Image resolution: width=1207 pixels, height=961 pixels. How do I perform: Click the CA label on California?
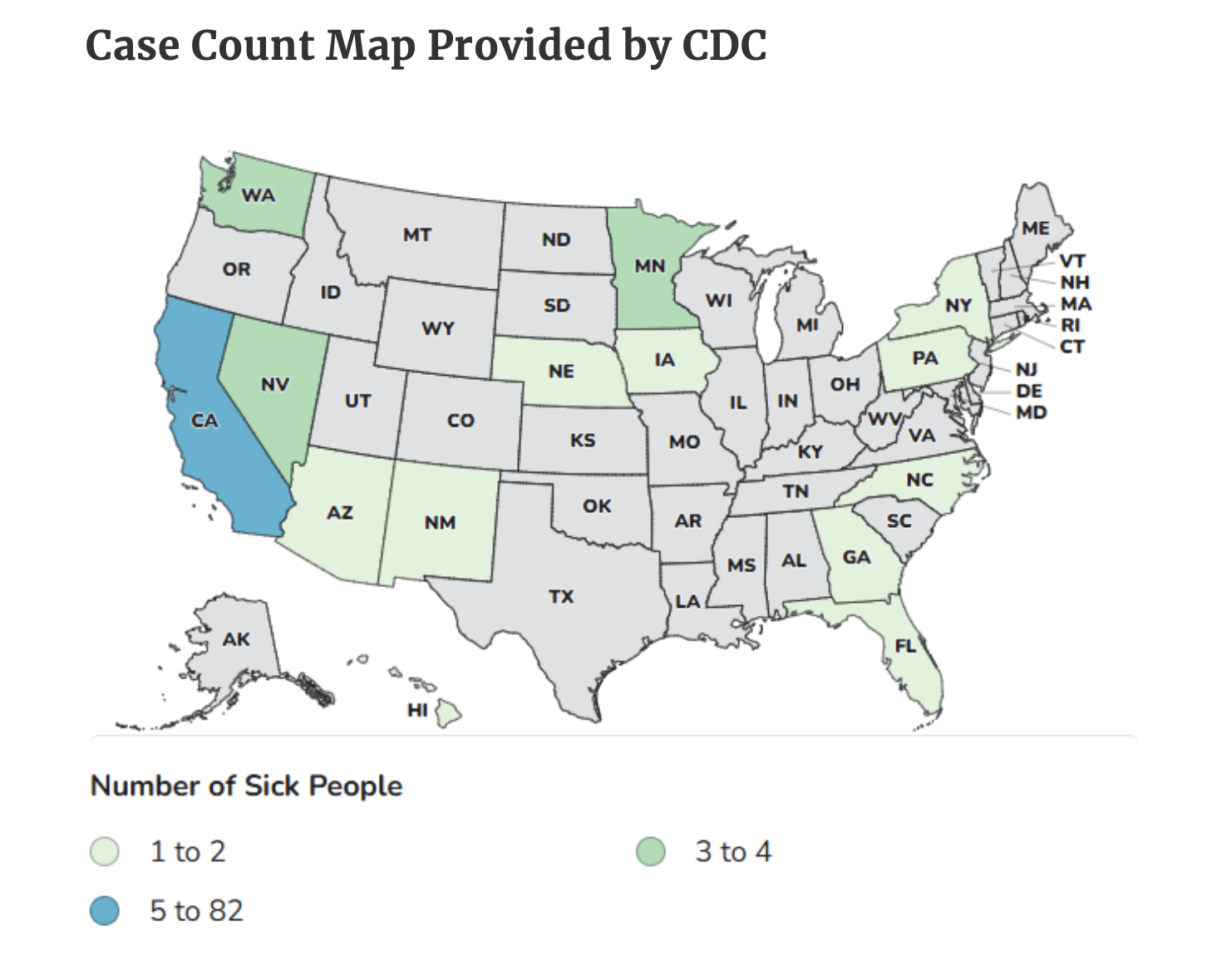pos(204,421)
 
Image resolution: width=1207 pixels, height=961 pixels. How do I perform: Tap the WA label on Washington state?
pos(258,195)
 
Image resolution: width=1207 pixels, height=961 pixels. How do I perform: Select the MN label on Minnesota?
pos(650,266)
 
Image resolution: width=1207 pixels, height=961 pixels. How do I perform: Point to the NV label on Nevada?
pos(274,384)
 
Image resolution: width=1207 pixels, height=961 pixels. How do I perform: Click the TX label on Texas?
pos(561,596)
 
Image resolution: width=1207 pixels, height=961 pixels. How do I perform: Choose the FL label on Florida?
pos(905,645)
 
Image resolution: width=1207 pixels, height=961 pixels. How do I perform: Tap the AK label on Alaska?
pos(236,638)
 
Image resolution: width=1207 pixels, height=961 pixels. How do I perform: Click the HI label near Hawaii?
pos(417,710)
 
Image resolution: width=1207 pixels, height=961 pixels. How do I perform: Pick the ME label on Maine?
pos(1035,228)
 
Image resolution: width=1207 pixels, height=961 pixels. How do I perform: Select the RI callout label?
pos(1071,325)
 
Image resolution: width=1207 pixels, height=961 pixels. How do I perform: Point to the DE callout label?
pos(1029,391)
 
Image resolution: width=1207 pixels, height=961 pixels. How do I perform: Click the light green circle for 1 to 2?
pos(105,852)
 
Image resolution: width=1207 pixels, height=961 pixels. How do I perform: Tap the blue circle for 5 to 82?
pos(105,911)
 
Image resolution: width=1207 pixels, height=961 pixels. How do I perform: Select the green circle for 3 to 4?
pos(651,852)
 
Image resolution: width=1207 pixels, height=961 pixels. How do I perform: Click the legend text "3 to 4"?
pos(733,852)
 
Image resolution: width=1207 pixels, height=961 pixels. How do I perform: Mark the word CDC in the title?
pos(724,45)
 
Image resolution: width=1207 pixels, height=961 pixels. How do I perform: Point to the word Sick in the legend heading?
pos(271,786)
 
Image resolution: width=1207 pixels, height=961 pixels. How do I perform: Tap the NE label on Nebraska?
pos(561,371)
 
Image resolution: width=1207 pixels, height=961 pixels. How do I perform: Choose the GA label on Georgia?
pos(856,557)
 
